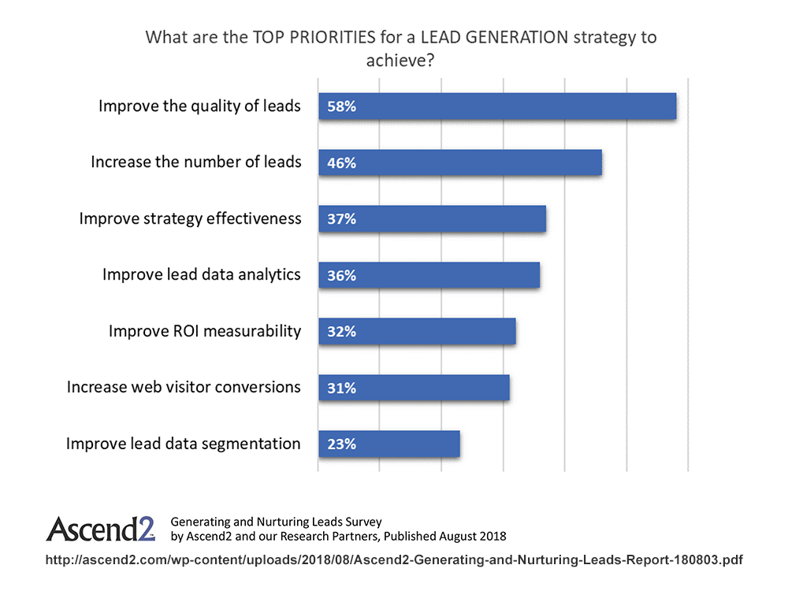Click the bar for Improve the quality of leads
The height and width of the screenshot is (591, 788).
(496, 106)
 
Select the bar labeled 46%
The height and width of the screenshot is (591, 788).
(460, 162)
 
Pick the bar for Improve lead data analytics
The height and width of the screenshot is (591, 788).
(429, 275)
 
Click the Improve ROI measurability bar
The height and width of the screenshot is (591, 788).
(417, 332)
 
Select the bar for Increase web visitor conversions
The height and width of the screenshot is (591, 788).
(414, 388)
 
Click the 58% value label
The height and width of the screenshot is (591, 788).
(342, 106)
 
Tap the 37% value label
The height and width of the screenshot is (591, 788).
(342, 219)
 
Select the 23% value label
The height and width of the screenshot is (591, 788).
(342, 444)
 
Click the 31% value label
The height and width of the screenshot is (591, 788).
(342, 388)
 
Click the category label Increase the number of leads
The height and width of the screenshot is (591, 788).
(195, 162)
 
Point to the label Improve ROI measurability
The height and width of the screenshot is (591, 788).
(205, 331)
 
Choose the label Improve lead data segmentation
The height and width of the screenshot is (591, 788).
(183, 444)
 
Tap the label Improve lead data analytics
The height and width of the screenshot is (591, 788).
(202, 274)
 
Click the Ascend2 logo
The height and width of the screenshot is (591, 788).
(100, 529)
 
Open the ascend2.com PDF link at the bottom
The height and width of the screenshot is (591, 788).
(394, 559)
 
